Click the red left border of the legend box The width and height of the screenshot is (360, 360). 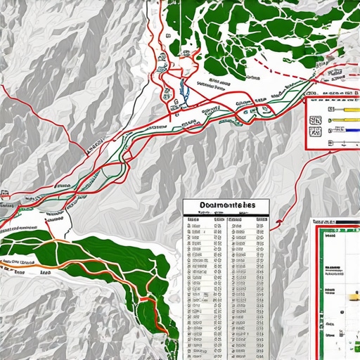(x=306, y=123)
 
